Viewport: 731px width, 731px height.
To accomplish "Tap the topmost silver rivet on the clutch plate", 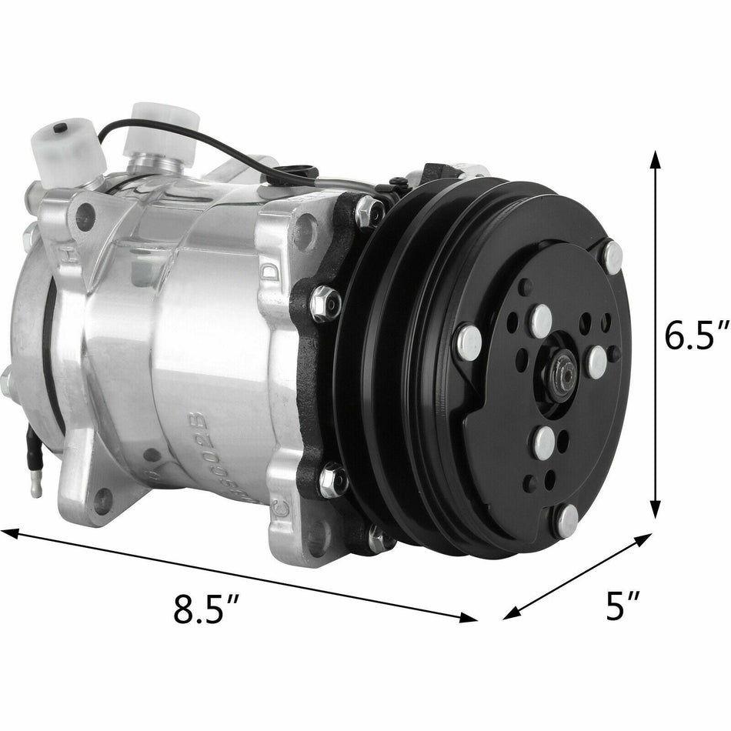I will (x=613, y=258).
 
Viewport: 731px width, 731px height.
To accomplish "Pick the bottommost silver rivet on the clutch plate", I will (x=567, y=520).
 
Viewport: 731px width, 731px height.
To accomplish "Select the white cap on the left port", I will (x=68, y=146).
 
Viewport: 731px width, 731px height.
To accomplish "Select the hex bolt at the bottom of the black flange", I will (x=378, y=539).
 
